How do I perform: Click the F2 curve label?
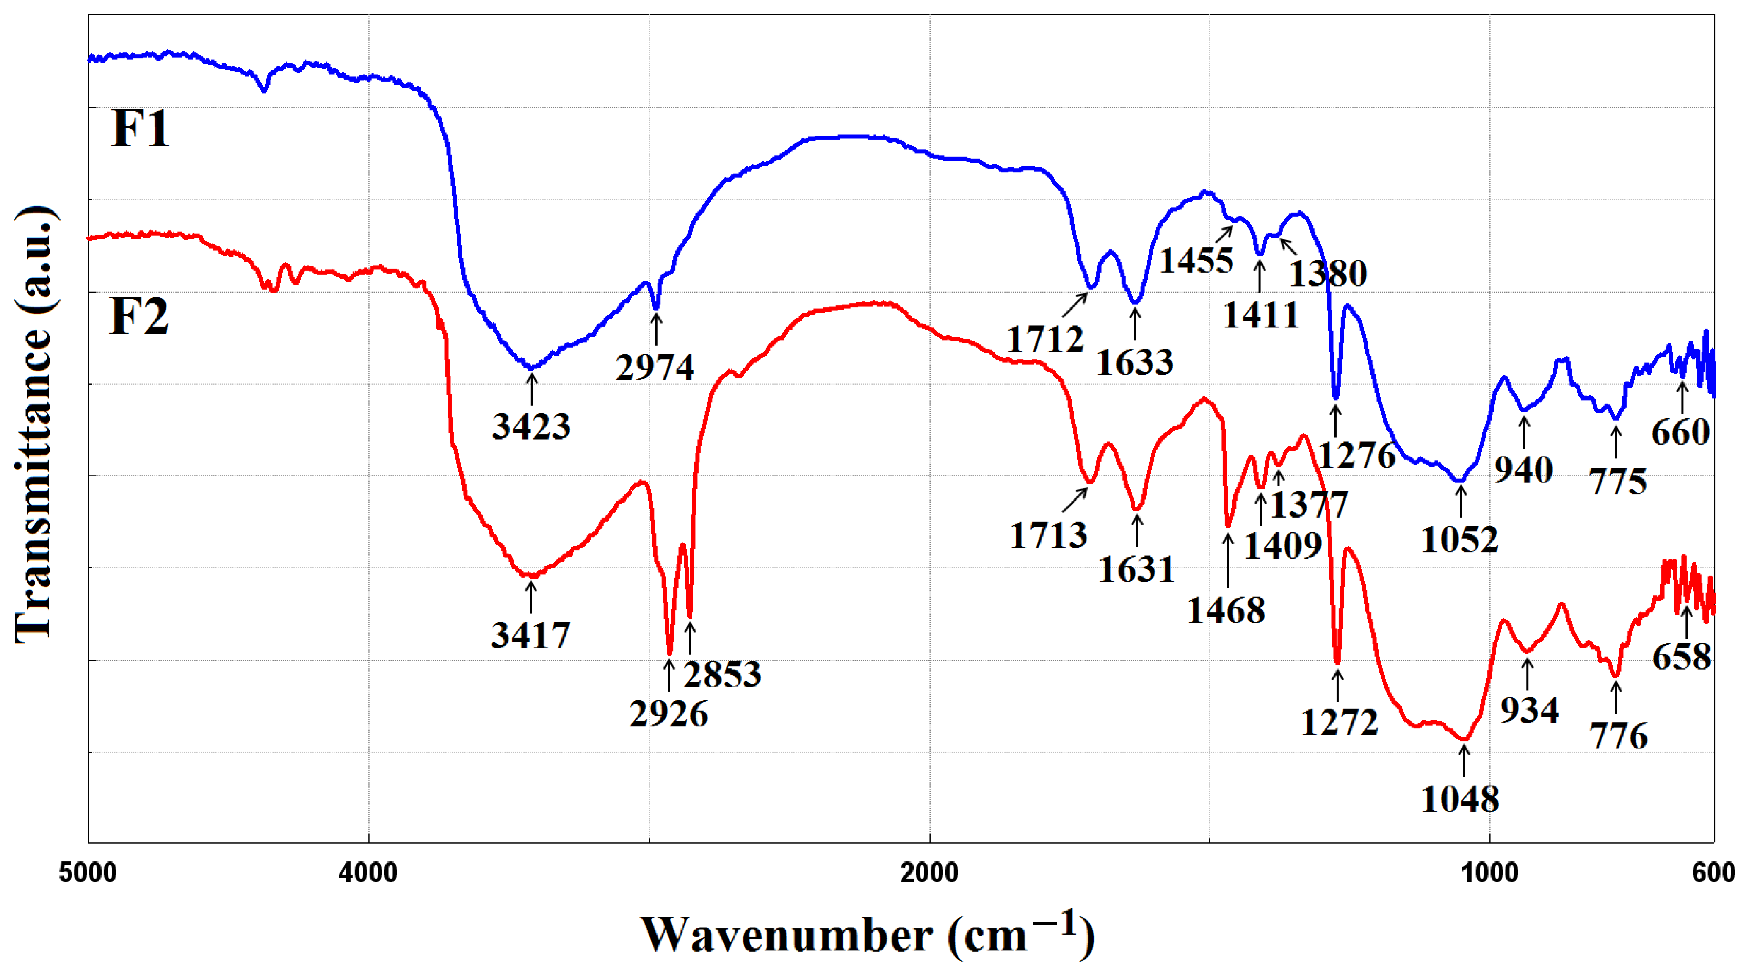pos(139,316)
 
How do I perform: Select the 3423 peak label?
pos(531,427)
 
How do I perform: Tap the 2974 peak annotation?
pos(655,368)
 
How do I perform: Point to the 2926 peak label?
pos(669,714)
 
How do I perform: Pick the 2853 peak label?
pos(722,674)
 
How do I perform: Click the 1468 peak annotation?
pos(1225,611)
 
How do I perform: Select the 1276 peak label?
pos(1356,455)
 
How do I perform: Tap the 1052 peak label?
pos(1459,540)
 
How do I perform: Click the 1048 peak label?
pos(1459,800)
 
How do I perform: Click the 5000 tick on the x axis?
pos(88,873)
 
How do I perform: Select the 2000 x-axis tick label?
pos(929,873)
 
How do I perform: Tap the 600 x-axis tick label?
pos(1713,873)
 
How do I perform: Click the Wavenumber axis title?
pos(867,936)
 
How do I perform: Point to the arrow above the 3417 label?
pos(531,596)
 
